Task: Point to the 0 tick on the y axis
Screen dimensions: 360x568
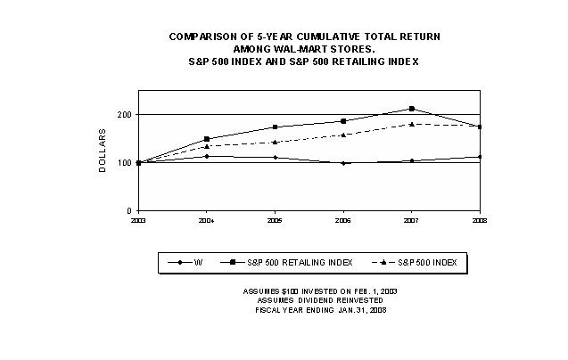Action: [131, 210]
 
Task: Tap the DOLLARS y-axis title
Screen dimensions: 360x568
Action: [103, 151]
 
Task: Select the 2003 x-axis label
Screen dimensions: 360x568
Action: [138, 218]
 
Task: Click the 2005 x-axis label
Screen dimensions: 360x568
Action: [275, 218]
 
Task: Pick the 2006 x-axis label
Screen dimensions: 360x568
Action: [343, 218]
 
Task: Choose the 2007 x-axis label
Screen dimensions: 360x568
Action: [412, 218]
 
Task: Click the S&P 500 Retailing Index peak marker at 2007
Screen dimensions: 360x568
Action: [412, 109]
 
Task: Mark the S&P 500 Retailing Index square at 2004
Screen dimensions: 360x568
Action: [207, 139]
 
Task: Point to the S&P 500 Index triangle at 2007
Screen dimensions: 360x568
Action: [412, 124]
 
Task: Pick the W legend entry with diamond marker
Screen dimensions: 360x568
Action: [188, 262]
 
